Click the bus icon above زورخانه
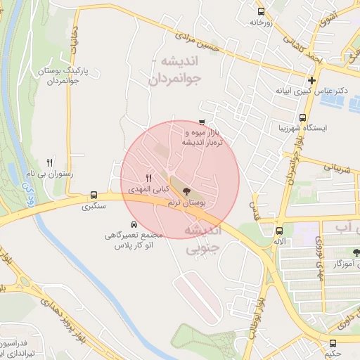(x=262, y=12)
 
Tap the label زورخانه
(x=262, y=22)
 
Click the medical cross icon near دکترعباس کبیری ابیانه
(x=311, y=80)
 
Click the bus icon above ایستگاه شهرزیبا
(x=303, y=118)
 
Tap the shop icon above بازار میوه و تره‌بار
(x=202, y=122)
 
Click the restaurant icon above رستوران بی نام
(x=49, y=162)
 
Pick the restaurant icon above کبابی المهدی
(x=148, y=179)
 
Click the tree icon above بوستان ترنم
(x=186, y=191)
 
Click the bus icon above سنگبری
(x=94, y=195)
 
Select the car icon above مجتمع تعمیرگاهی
(x=134, y=224)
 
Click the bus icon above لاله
(x=280, y=231)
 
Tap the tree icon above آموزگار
(x=356, y=252)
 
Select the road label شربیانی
(x=336, y=168)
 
